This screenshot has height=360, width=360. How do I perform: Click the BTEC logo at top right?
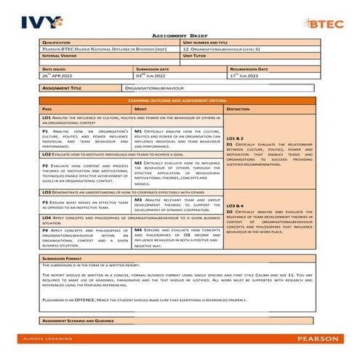point(324,23)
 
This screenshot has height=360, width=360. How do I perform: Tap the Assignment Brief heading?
point(179,35)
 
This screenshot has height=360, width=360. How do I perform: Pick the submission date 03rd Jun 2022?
point(152,75)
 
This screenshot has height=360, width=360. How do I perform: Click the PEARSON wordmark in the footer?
point(316,338)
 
